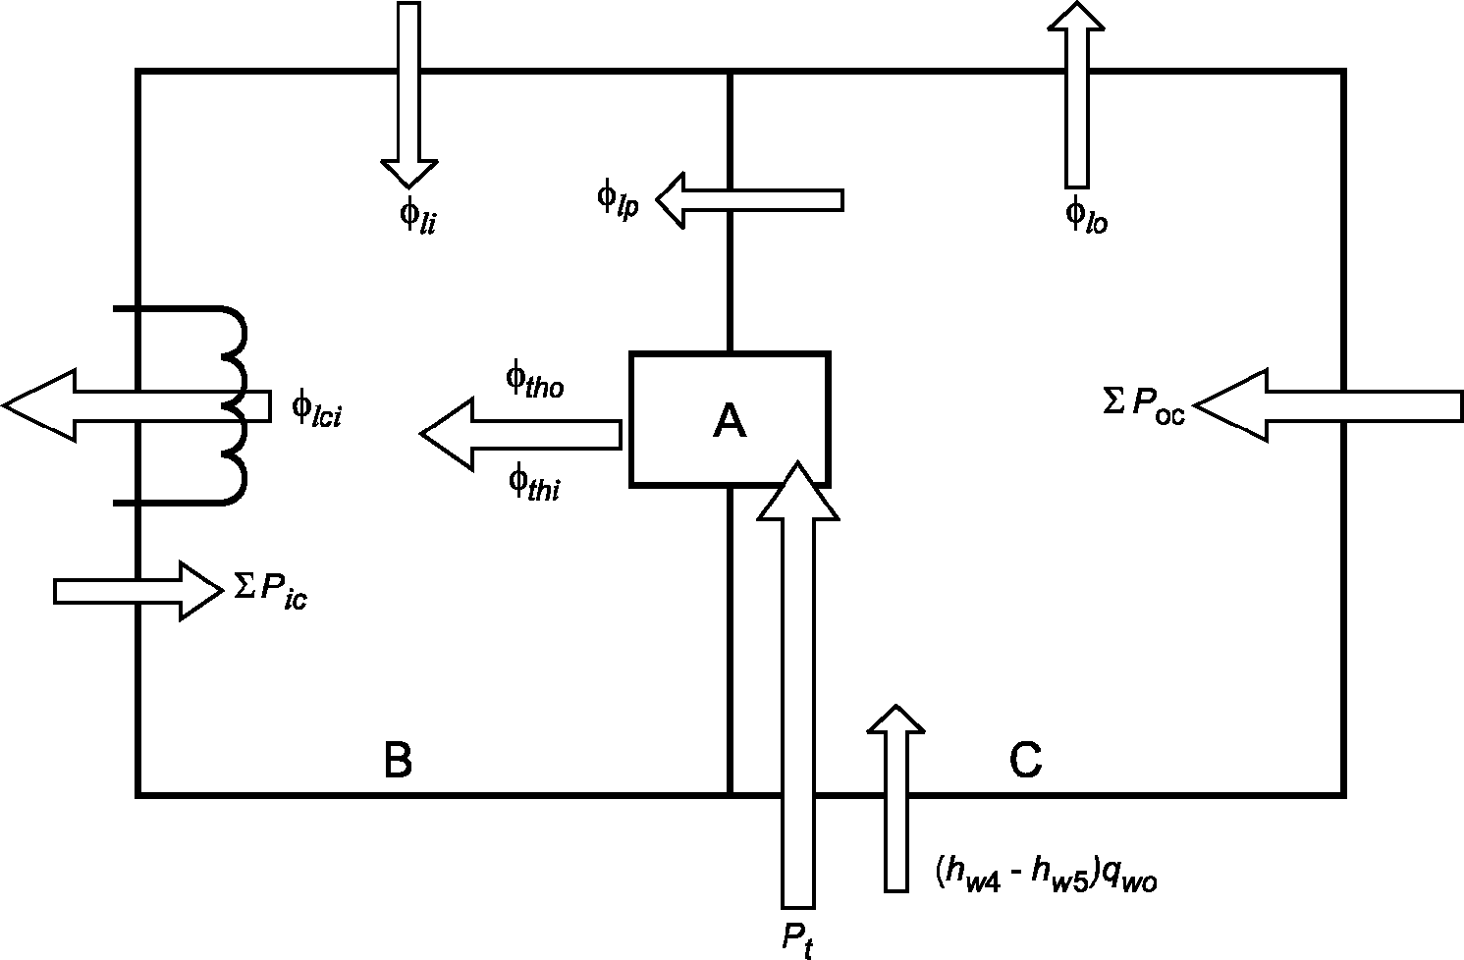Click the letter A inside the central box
730,420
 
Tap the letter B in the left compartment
398,761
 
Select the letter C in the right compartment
1025,760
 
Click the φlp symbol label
618,201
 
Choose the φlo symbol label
1086,216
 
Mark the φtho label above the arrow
534,380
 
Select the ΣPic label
271,592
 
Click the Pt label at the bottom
798,939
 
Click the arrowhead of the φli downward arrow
409,174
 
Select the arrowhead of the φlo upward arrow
1076,15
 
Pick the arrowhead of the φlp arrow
670,200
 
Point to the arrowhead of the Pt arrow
798,491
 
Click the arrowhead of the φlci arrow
39,405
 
